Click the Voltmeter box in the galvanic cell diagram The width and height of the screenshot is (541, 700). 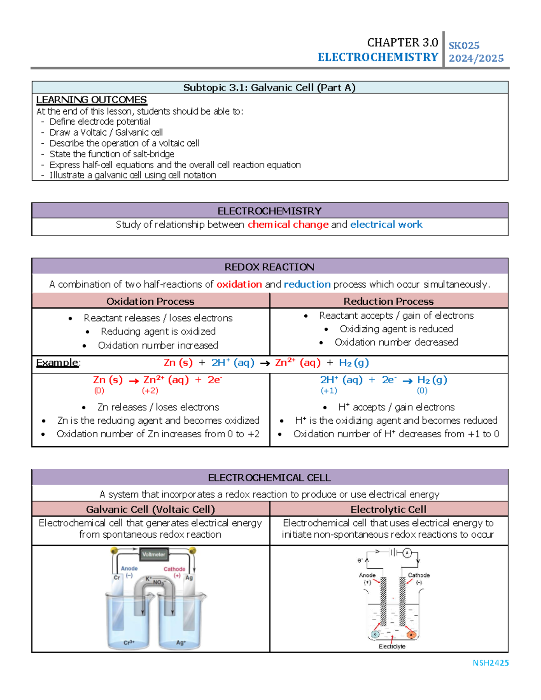point(154,554)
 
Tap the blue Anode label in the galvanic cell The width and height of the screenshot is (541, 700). point(129,568)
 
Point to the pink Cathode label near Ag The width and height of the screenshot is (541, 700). point(174,569)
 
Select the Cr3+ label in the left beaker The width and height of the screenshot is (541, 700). point(129,642)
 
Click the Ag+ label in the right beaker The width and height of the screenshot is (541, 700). point(181,642)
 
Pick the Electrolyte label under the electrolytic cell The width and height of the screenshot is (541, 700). point(392,646)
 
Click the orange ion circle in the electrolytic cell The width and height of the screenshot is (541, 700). point(411,635)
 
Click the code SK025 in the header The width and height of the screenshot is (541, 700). point(464,46)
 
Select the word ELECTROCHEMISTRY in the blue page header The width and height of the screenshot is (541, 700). point(378,57)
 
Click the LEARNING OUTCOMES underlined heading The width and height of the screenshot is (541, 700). point(92,100)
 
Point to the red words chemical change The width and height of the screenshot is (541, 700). point(288,224)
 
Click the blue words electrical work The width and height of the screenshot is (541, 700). point(386,224)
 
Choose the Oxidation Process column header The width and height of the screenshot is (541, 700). point(150,301)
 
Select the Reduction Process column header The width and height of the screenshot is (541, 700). point(389,301)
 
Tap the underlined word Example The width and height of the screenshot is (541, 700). point(57,363)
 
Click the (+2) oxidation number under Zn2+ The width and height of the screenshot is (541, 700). point(150,391)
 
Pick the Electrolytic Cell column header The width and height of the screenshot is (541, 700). point(389,509)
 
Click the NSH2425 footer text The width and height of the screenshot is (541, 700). point(491,663)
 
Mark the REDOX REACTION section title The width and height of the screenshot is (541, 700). point(269,267)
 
